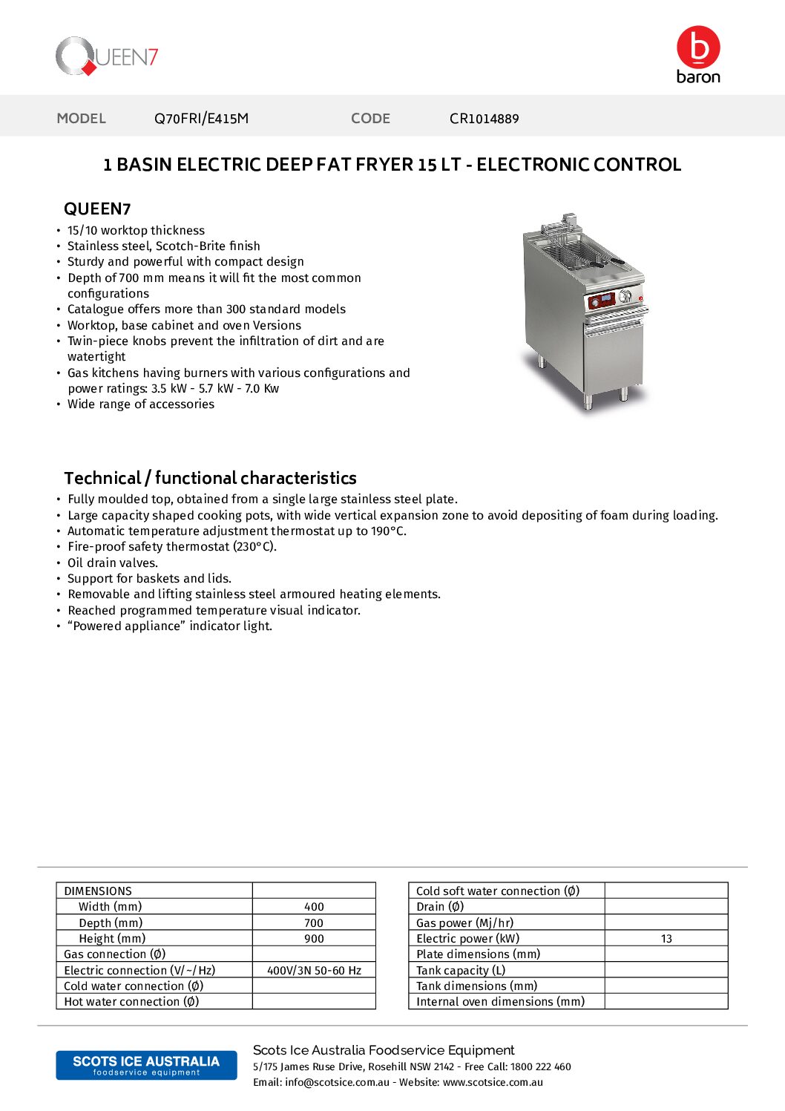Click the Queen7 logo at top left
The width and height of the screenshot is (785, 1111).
pos(107,56)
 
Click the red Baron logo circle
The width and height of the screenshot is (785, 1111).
pos(698,47)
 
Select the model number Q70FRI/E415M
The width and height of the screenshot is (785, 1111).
pos(201,119)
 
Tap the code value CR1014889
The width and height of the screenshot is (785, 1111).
pos(484,119)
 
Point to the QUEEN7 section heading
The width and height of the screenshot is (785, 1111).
pos(97,209)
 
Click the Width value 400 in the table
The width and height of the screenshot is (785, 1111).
pos(314,907)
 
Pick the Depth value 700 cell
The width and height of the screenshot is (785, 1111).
pos(314,923)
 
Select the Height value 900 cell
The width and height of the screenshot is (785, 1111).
pos(314,939)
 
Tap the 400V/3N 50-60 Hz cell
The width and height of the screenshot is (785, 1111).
pos(314,971)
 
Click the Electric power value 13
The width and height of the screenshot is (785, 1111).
pos(666,939)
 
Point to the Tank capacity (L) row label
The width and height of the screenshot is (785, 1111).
pos(461,971)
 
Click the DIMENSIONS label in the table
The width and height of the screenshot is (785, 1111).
pos(98,891)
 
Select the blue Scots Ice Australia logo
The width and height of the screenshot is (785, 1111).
pos(146,1065)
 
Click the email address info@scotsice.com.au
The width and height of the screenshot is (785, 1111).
pos(337,1083)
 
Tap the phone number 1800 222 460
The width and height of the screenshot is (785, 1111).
pos(541,1067)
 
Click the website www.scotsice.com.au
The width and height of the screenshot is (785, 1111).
pos(493,1083)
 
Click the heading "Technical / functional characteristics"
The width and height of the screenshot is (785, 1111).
pos(210,478)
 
